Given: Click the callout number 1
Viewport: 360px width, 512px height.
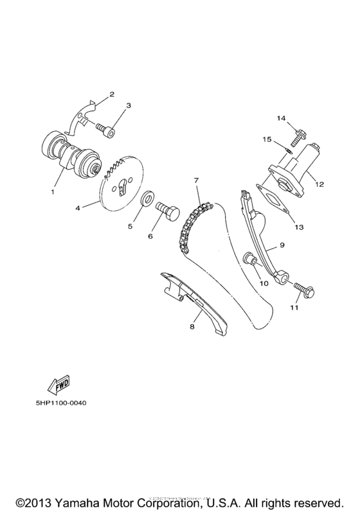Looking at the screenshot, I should coord(53,191).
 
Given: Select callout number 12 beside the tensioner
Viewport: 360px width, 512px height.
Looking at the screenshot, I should coord(319,184).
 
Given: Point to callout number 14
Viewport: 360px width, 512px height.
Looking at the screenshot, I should coord(280,118).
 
